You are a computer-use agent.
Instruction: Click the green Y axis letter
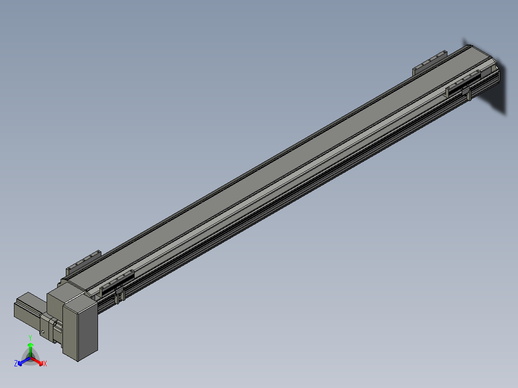[30, 338]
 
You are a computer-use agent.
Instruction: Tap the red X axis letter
[45, 364]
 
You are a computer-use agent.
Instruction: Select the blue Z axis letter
[16, 363]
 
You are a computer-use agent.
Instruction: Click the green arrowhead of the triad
[30, 345]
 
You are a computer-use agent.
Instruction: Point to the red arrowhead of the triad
[41, 363]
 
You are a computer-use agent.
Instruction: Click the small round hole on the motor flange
[43, 332]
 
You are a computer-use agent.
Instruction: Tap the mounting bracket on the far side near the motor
[83, 261]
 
